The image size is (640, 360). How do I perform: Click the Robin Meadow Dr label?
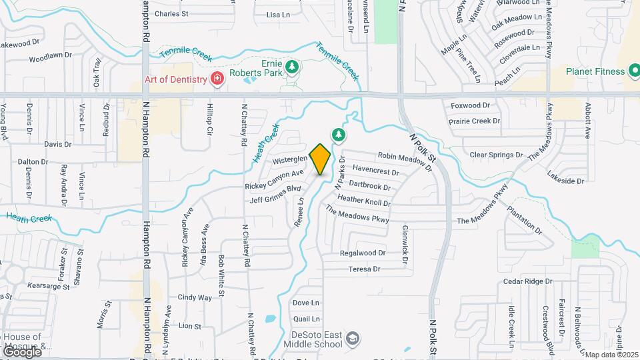point(405,161)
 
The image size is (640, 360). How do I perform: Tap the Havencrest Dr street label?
point(375,171)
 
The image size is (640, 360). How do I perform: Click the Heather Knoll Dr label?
point(363,199)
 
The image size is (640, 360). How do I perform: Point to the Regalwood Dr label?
point(363,253)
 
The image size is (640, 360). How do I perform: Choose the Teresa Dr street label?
point(364,269)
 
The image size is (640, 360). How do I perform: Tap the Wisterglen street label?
point(289,161)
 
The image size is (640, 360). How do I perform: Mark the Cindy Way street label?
point(195,297)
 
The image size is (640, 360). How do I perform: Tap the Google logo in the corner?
point(22,351)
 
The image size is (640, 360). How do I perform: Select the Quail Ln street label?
point(306,319)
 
